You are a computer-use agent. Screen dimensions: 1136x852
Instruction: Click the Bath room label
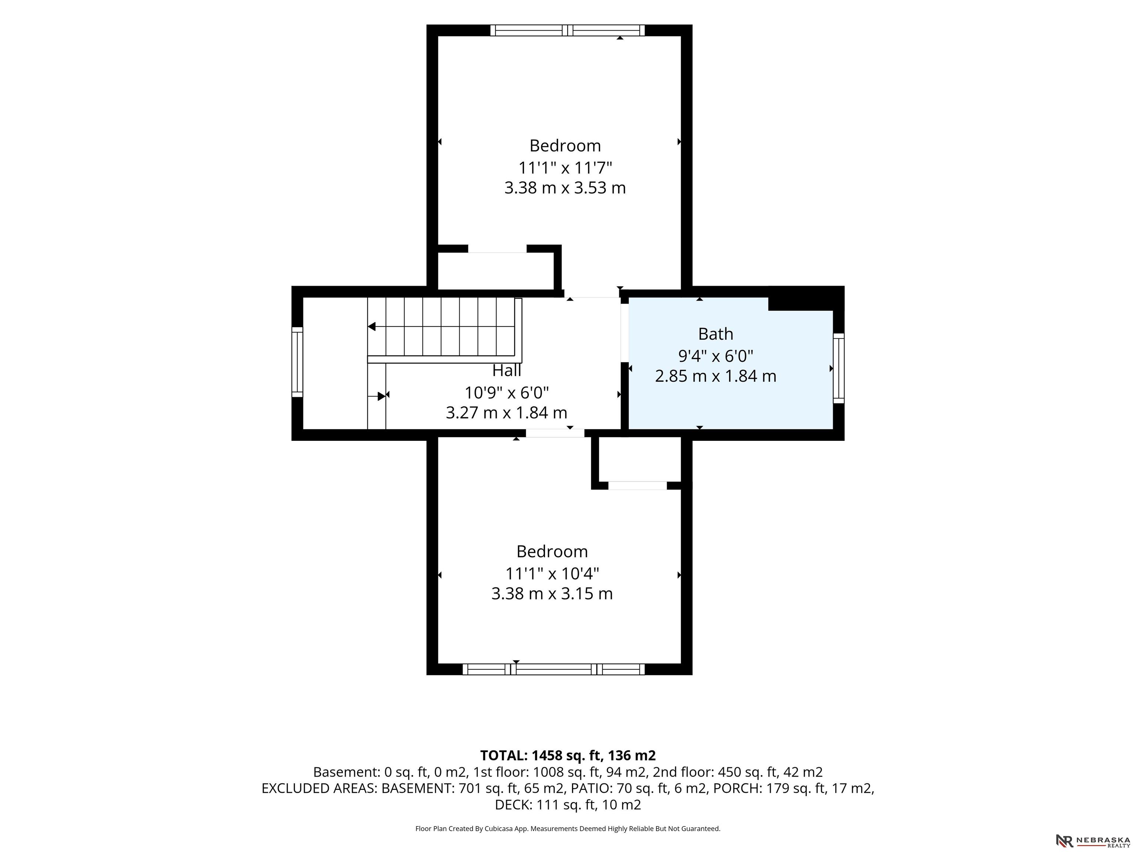716,334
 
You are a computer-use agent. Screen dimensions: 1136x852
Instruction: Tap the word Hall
507,370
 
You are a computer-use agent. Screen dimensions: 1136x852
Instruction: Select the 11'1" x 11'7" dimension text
565,168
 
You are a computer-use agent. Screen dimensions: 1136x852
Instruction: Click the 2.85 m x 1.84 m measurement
716,376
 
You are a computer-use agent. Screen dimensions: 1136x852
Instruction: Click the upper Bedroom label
565,146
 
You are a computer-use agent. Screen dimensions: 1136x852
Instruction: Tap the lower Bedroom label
552,552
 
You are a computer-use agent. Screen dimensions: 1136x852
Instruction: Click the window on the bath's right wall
838,368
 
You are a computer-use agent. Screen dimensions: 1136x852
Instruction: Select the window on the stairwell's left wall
297,362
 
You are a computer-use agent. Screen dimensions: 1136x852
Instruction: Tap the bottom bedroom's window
554,669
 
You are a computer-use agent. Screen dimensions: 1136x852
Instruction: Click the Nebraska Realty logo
1093,841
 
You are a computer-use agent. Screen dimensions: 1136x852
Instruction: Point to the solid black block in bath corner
806,298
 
